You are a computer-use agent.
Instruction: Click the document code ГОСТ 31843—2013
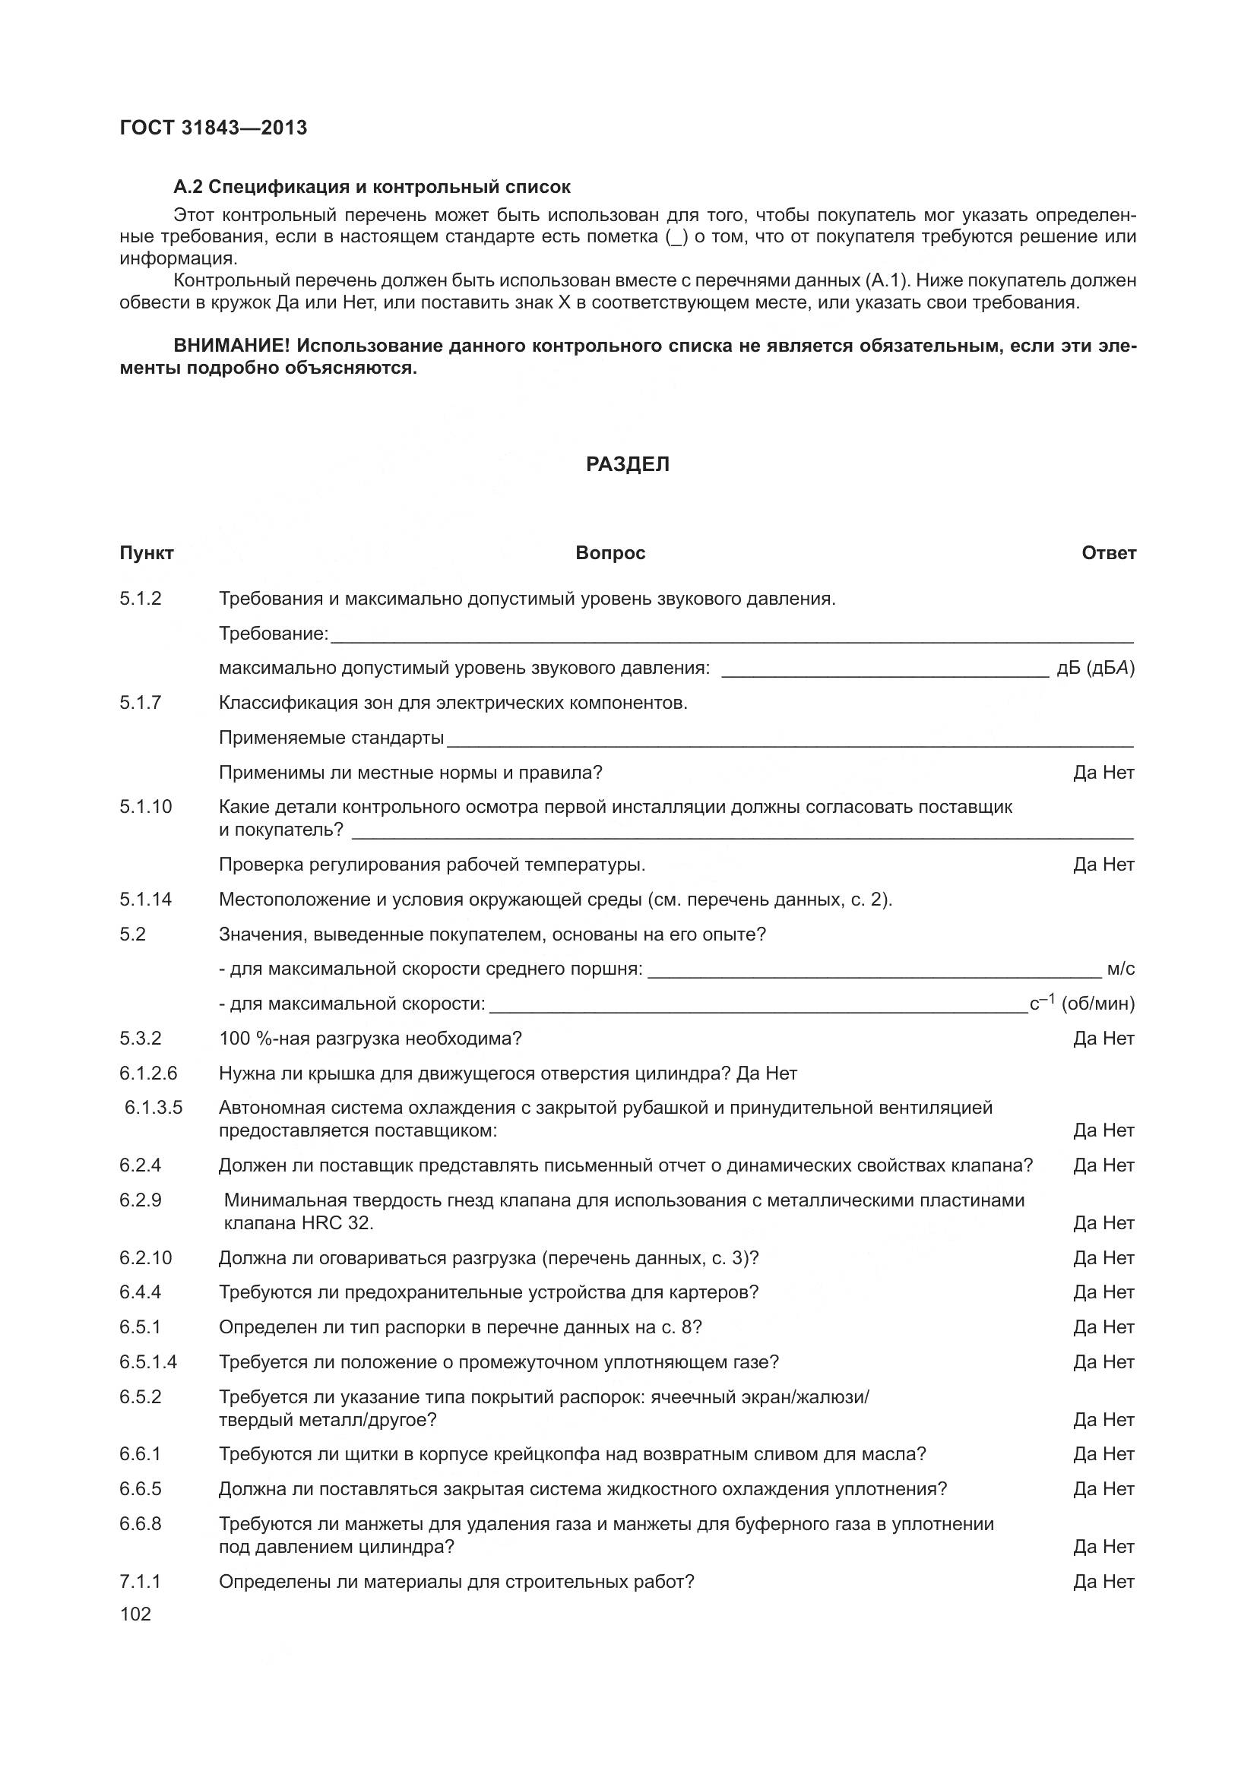pyautogui.click(x=213, y=128)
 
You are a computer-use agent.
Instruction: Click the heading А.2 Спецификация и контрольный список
pyautogui.click(x=372, y=187)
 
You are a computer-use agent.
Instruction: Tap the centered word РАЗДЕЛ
pyautogui.click(x=628, y=463)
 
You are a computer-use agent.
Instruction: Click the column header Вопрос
pyautogui.click(x=610, y=552)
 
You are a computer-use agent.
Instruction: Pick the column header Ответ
pyautogui.click(x=1108, y=552)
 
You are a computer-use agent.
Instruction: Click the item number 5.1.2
pyautogui.click(x=140, y=598)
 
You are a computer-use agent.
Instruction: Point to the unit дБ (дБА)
pyautogui.click(x=1095, y=668)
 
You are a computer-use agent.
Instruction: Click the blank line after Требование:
pyautogui.click(x=731, y=637)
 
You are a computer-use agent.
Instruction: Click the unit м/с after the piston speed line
pyautogui.click(x=1120, y=969)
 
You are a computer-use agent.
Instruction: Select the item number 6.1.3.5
pyautogui.click(x=154, y=1108)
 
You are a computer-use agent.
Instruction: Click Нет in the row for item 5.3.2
pyautogui.click(x=1119, y=1039)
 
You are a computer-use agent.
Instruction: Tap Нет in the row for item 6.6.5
pyautogui.click(x=1119, y=1489)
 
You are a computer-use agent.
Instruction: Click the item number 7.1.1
pyautogui.click(x=140, y=1582)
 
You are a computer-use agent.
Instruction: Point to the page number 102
pyautogui.click(x=135, y=1614)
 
